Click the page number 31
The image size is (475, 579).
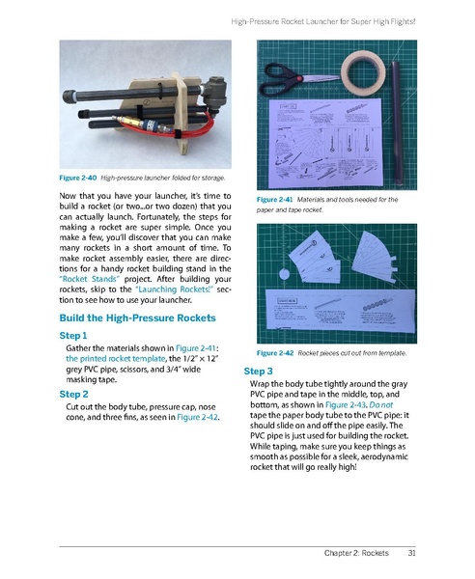(x=412, y=552)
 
